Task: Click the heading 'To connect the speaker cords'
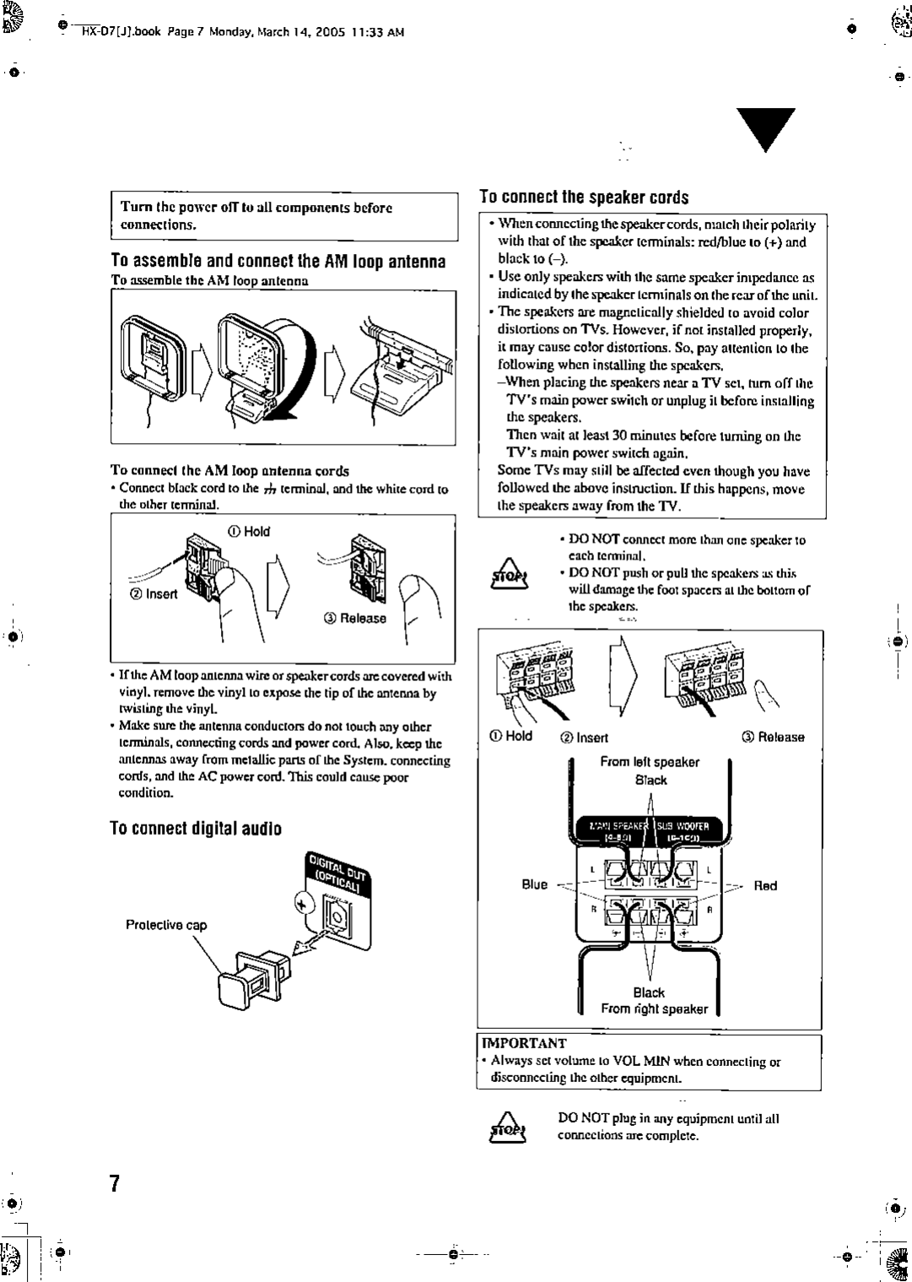584,197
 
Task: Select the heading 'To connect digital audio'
197,828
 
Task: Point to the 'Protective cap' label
166,924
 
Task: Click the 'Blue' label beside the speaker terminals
535,885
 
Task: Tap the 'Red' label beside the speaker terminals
765,885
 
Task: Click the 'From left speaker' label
650,761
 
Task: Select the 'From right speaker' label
654,1009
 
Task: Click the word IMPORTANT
524,1043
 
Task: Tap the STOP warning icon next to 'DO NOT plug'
508,1128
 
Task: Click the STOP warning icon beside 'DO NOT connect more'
508,574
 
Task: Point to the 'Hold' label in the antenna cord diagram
251,531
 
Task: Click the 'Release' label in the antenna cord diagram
355,618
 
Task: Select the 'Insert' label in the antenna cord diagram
156,593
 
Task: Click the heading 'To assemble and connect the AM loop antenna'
278,261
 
